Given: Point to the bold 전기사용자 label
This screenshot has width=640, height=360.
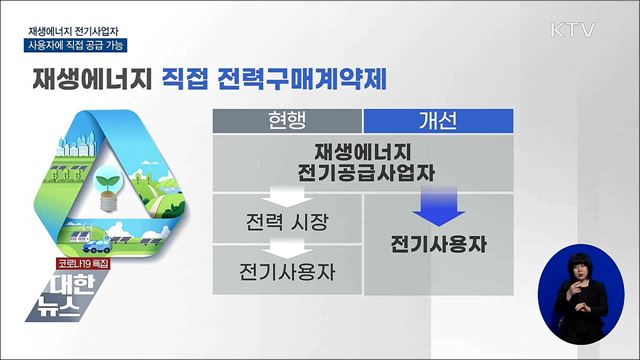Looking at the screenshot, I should click(x=436, y=243).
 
